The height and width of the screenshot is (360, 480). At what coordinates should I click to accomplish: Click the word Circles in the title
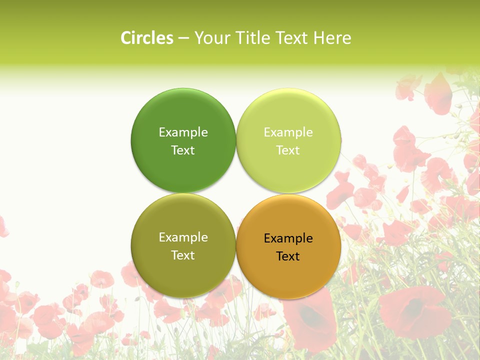(147, 38)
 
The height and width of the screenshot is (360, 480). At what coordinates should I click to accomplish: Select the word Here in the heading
(332, 38)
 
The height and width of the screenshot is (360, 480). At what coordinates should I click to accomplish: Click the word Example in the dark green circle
(183, 132)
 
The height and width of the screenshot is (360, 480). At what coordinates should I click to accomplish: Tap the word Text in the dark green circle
(183, 150)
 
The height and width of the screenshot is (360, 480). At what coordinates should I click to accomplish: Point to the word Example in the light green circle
(288, 132)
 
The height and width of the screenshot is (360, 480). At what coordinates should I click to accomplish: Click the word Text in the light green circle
(288, 150)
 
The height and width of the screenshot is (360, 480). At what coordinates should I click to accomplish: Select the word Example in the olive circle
(183, 237)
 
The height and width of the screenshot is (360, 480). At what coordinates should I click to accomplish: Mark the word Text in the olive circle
(183, 255)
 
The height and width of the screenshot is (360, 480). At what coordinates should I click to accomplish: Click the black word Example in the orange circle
(288, 238)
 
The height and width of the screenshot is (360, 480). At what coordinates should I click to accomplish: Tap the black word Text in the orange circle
(288, 256)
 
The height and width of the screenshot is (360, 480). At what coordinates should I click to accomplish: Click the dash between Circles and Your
(183, 38)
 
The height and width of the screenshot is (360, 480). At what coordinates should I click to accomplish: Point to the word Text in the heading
(291, 38)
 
